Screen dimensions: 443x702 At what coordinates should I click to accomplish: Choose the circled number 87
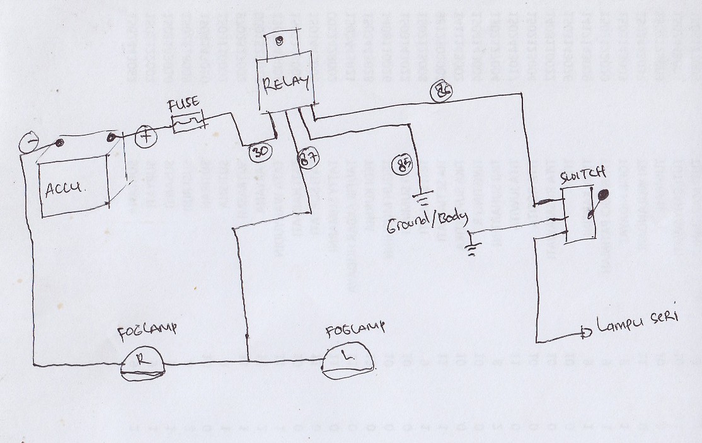click(x=306, y=158)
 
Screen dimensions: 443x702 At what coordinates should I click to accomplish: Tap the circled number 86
click(x=441, y=91)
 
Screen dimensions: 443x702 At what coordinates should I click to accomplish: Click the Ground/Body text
click(x=427, y=221)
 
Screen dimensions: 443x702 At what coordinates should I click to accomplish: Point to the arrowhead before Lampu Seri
click(x=585, y=331)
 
